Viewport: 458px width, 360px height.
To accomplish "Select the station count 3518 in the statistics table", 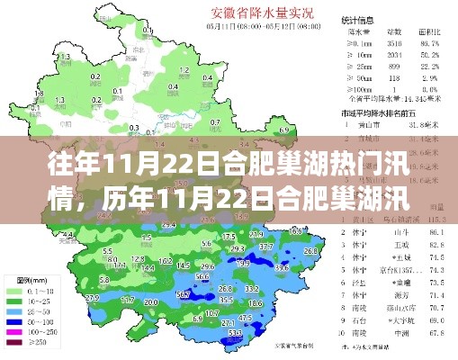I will [393, 41].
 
